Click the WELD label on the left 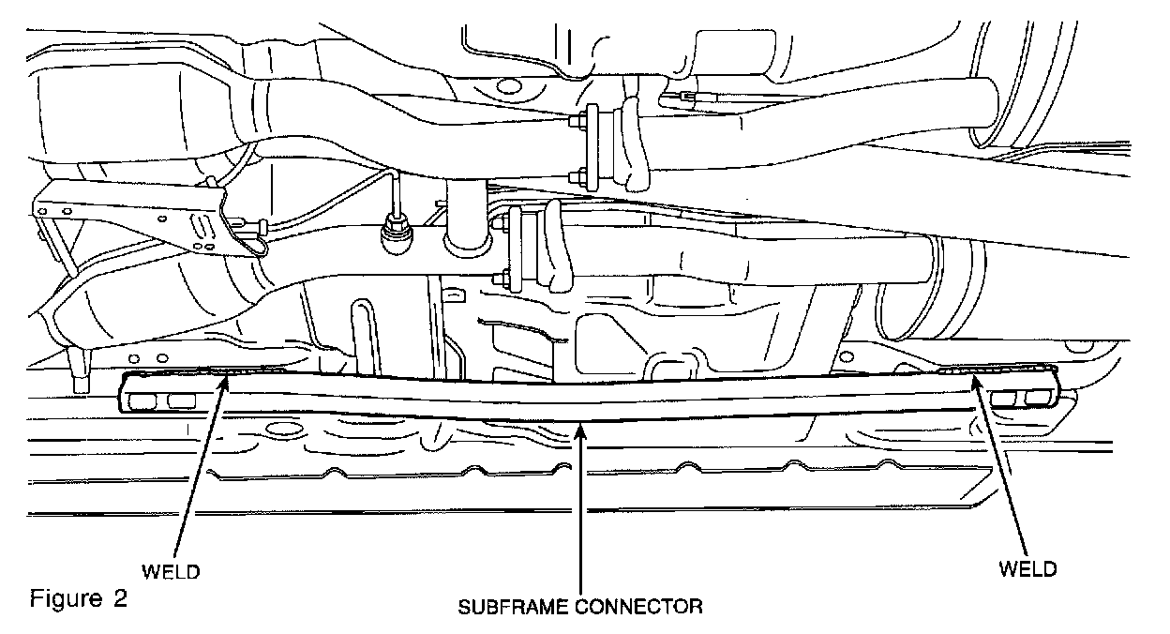coord(172,570)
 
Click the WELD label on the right coord(1028,569)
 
